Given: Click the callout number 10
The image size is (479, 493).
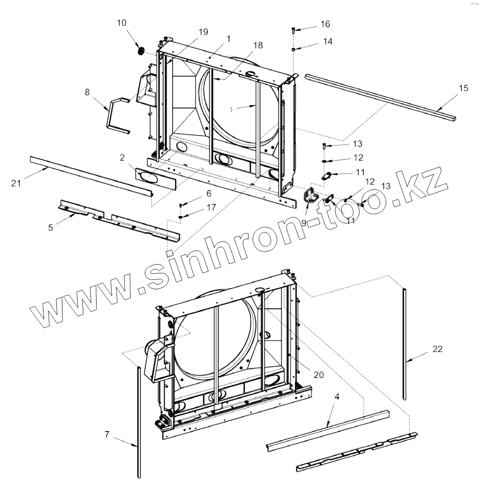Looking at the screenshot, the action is pos(122,23).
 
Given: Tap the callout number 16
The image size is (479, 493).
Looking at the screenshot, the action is pos(325,24).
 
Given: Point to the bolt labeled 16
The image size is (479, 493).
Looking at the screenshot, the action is pos(294,31).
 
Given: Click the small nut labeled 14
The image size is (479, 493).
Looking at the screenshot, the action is pos(294,49).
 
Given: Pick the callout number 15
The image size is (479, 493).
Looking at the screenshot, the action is pos(463,88).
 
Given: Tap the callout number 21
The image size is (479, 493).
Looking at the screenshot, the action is pos(17,183).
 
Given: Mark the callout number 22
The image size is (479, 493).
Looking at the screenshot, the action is pos(437,349).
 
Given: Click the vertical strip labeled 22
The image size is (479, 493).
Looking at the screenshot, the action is pos(404,346).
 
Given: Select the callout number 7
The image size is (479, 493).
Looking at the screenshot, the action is pos(107,434).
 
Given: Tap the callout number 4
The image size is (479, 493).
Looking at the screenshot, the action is pos(337,396).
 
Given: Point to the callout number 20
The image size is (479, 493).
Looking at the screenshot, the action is pos(319,374).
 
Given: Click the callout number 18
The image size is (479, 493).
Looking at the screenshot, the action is pos(258,45).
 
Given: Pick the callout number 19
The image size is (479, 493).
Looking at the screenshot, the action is pos(203,32).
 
